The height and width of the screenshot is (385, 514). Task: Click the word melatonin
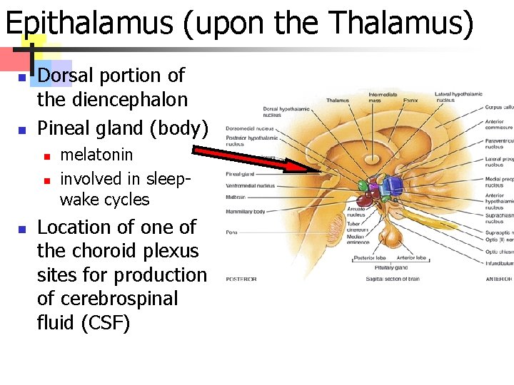click(x=96, y=154)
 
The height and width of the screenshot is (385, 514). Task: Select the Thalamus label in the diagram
click(x=338, y=101)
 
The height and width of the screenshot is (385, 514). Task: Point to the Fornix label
click(x=410, y=101)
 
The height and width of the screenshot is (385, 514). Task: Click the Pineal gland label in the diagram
click(x=239, y=173)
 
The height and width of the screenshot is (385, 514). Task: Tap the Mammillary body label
click(x=245, y=212)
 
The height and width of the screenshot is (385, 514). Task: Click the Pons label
click(x=231, y=232)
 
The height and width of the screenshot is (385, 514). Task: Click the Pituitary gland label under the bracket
click(x=392, y=267)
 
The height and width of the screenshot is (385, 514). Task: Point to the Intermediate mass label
click(x=383, y=98)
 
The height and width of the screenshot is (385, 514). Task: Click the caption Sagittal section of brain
click(x=393, y=279)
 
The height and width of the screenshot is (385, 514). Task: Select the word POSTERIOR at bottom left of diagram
click(x=241, y=279)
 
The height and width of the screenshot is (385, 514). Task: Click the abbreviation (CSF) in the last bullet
click(x=106, y=323)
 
